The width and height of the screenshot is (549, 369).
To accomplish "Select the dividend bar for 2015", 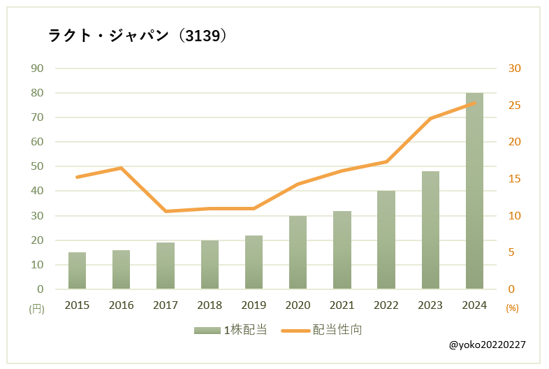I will point(77,270).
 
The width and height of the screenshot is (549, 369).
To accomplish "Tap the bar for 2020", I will point(298,252).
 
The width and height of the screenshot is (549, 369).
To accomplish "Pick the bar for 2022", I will point(386,240).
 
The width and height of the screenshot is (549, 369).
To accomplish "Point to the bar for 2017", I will point(166,266).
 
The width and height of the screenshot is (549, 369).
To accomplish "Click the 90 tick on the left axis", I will point(36,68).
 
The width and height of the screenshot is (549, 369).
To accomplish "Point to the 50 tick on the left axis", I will point(36,166).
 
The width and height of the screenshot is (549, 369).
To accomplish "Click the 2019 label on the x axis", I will point(254,305).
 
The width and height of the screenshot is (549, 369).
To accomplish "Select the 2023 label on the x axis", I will point(430,305).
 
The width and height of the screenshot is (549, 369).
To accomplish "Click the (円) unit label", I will point(36,308).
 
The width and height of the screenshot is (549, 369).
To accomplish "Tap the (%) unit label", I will point(512,308).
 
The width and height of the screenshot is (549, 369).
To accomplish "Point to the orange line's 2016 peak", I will point(121,168).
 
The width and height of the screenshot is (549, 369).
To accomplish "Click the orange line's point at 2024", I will point(474,103).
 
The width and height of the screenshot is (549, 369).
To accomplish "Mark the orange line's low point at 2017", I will point(166,211).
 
